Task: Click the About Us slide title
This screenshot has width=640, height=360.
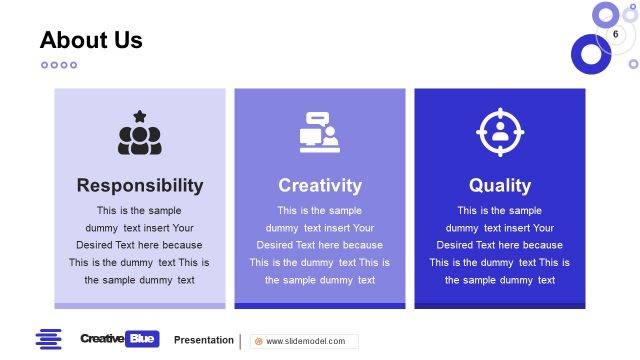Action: click(91, 40)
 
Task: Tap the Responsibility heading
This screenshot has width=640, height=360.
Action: click(140, 185)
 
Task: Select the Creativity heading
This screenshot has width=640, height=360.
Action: click(320, 185)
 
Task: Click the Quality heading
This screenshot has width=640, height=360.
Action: click(500, 185)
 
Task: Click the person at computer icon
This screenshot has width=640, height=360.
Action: click(320, 132)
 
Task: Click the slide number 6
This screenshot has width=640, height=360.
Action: click(615, 34)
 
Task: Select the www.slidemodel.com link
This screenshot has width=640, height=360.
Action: click(306, 341)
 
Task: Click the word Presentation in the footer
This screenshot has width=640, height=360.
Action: click(204, 340)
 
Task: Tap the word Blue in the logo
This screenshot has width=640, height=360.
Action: click(144, 339)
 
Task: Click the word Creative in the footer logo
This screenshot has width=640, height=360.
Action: click(102, 339)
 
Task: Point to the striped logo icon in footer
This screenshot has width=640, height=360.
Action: click(48, 339)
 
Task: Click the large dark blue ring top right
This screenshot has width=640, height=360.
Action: click(590, 54)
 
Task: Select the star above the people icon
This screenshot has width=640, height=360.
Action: click(140, 116)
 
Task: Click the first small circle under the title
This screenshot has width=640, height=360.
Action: click(44, 65)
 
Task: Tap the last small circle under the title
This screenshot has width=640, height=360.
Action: click(73, 65)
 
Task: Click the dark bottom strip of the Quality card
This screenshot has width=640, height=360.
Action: click(500, 306)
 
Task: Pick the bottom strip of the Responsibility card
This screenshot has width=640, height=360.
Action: click(140, 306)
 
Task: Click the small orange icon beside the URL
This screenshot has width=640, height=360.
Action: click(259, 341)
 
